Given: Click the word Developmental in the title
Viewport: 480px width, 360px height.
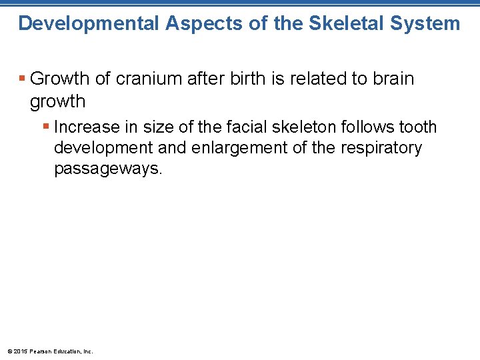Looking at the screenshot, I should tap(89, 23).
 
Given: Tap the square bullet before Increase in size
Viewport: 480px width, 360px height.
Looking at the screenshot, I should tap(46, 127).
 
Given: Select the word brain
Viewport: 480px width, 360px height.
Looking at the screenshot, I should tap(391, 79).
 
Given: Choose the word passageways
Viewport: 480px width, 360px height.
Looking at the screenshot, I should tap(108, 168).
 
